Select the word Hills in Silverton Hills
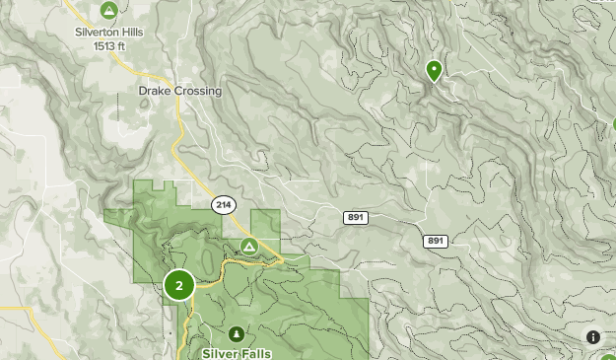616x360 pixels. point(128,32)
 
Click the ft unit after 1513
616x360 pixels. point(124,45)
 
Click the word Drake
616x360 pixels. point(155,91)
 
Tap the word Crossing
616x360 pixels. point(198,91)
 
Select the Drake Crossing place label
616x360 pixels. point(179,91)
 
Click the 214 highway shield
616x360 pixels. point(222,204)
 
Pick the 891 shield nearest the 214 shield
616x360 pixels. point(356,217)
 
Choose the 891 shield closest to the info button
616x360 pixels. point(436,241)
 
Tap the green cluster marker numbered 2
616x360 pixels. point(178,286)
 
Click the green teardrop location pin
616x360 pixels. point(434,70)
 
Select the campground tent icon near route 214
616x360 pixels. point(249,245)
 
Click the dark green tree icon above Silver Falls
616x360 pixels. point(237,334)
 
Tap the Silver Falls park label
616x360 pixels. point(238,352)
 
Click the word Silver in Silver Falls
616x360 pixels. point(220,352)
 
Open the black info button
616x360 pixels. point(593,337)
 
